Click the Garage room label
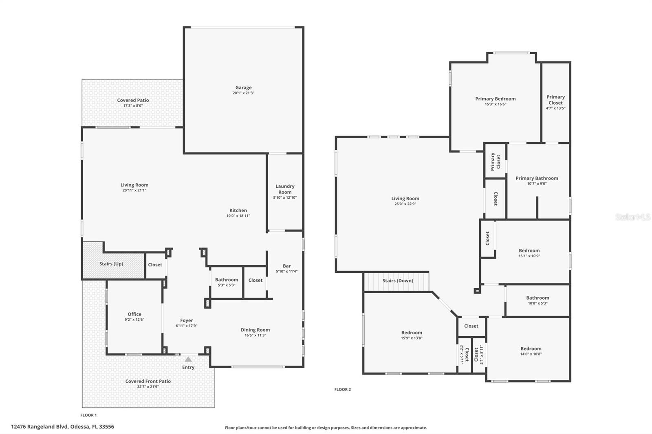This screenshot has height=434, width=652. tap(243, 88)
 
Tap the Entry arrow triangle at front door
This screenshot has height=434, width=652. tap(188, 359)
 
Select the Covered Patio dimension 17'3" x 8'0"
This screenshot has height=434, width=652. tap(133, 106)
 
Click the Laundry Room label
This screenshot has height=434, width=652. tap(285, 189)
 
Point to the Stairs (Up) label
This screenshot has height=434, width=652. tap(111, 264)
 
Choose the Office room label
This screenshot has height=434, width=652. tap(134, 314)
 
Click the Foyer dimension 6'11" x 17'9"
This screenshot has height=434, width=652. tap(187, 326)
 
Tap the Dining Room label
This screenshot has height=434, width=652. tap(255, 330)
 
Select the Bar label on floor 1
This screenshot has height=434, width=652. tap(286, 266)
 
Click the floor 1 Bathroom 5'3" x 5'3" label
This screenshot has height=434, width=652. tap(227, 280)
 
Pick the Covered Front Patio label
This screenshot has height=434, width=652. tap(148, 381)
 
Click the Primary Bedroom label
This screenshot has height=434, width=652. tap(495, 99)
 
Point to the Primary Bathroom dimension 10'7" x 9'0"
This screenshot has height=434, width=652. tap(537, 184)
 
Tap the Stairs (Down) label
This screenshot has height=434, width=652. tap(398, 281)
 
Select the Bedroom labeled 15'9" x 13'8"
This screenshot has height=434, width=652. tap(412, 333)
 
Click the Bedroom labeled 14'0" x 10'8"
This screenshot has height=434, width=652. tap(531, 349)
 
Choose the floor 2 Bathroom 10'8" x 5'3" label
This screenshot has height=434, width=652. tap(537, 298)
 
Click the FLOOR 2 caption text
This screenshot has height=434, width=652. tap(342, 390)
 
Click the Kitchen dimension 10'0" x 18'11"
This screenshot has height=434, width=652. tap(238, 216)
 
